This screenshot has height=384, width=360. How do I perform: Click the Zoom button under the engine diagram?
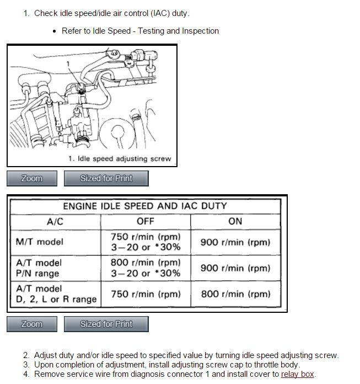click(32, 178)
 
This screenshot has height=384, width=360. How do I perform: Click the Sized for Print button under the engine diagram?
click(106, 178)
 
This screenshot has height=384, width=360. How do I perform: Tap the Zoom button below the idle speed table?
click(32, 324)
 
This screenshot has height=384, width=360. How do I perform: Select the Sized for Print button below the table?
click(106, 324)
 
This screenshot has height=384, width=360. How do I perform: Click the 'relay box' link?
click(297, 374)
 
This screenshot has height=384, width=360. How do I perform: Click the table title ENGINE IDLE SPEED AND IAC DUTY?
click(145, 206)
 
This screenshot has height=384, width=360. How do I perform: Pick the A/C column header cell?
click(55, 221)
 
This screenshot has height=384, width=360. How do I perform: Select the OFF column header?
click(146, 221)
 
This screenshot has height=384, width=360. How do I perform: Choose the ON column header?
click(235, 221)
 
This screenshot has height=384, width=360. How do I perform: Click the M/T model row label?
click(40, 242)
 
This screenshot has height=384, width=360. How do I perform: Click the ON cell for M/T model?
click(235, 242)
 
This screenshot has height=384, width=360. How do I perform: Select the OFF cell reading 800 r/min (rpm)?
click(146, 268)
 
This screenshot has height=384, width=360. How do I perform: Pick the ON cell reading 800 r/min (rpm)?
click(235, 294)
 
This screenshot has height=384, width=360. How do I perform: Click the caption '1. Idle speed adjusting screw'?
click(120, 159)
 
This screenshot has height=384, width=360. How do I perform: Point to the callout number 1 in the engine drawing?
click(68, 64)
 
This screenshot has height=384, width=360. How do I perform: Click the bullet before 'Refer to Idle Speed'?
click(54, 31)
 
